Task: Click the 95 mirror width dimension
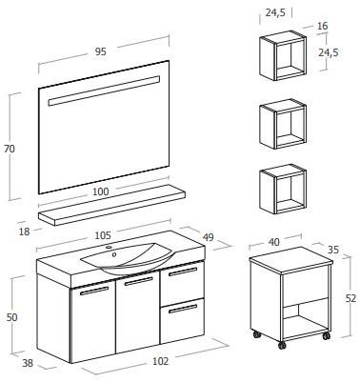click(101, 51)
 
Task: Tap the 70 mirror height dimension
click(10, 149)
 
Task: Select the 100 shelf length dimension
click(101, 191)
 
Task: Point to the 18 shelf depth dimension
click(25, 231)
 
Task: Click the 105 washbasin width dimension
click(103, 235)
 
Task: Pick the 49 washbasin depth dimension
click(209, 237)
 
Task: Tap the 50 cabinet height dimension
click(11, 317)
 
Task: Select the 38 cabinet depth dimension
click(28, 363)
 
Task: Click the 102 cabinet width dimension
click(160, 361)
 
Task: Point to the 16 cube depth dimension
click(322, 26)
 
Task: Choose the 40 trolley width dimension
click(274, 242)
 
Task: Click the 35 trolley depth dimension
click(333, 250)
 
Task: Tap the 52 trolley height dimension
click(350, 298)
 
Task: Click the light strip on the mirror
click(104, 90)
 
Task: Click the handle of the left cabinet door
click(94, 291)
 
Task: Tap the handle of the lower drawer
click(183, 309)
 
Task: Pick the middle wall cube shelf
click(283, 124)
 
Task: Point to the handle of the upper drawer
click(183, 271)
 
